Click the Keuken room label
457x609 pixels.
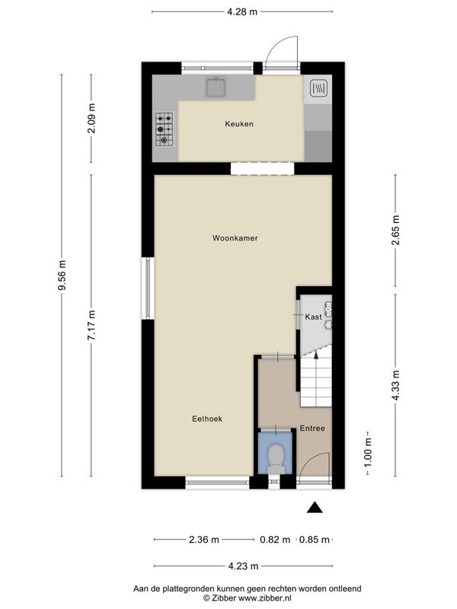click(239, 124)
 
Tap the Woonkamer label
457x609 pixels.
click(235, 238)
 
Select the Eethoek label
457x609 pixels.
click(207, 419)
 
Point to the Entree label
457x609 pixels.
click(312, 429)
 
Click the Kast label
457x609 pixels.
click(313, 317)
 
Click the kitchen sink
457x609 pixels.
click(216, 87)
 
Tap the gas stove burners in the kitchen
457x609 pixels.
click(165, 129)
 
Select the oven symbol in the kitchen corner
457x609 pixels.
click(318, 88)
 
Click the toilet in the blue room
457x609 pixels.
click(276, 459)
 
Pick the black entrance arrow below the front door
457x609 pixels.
click(315, 508)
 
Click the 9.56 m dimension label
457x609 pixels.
click(62, 275)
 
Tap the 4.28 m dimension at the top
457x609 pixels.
click(242, 11)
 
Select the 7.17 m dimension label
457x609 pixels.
click(91, 326)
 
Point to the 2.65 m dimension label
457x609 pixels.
click(395, 231)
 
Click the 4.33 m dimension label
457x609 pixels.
click(395, 385)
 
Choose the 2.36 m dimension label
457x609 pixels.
click(204, 540)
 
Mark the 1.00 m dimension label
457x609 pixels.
click(368, 453)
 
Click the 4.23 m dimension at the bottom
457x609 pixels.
click(243, 566)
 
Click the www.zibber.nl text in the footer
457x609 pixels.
click(264, 598)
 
